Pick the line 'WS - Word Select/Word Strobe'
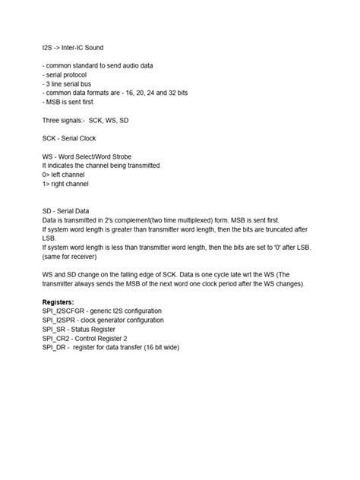click(90, 157)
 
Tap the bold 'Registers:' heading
click(58, 302)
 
